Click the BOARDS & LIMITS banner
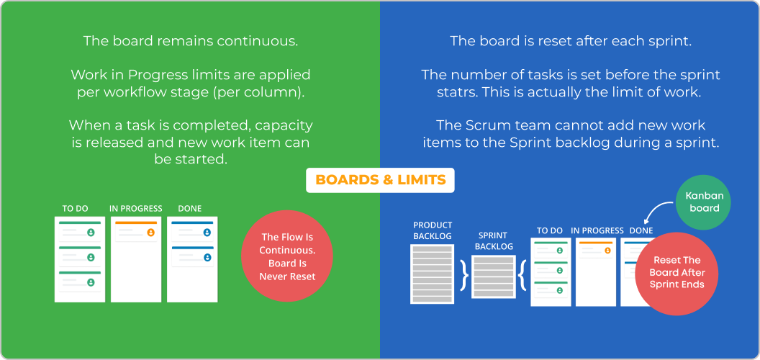[x=380, y=179]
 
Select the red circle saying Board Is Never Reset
[x=287, y=256]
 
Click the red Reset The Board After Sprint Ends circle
[x=677, y=273]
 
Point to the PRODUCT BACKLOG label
[x=433, y=230]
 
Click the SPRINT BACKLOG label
[x=494, y=241]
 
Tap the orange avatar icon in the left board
[x=150, y=233]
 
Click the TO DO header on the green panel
[x=75, y=208]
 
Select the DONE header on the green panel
[x=189, y=208]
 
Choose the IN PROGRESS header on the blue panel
[x=597, y=230]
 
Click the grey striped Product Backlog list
[x=432, y=273]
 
